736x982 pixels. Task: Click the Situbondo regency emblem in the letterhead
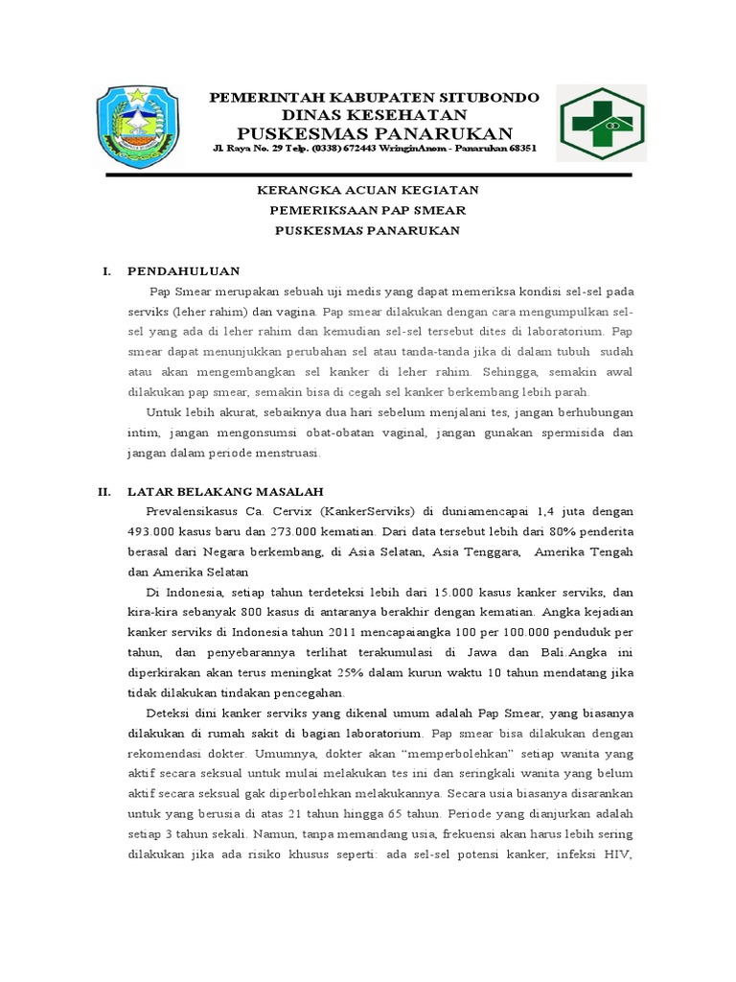(138, 126)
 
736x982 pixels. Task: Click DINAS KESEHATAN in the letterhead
(375, 114)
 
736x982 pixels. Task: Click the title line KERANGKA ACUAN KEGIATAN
(375, 190)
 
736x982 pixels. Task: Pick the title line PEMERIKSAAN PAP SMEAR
(375, 210)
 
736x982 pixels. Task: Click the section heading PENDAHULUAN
(184, 271)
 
